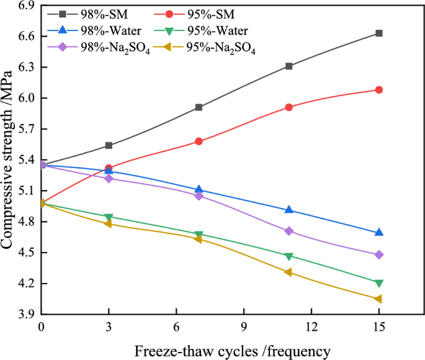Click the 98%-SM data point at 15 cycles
tap(378, 33)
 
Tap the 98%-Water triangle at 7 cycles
tap(199, 189)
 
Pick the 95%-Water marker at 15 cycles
tap(378, 283)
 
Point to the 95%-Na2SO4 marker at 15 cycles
tap(378, 299)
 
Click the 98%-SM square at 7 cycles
tap(199, 107)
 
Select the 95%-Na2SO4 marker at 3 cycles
tap(109, 223)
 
